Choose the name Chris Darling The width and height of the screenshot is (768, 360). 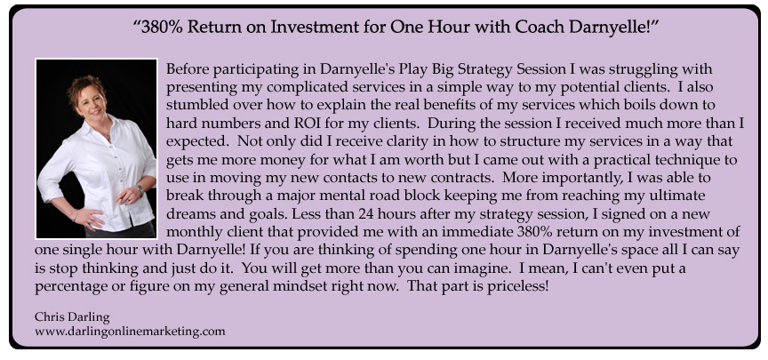click(x=72, y=317)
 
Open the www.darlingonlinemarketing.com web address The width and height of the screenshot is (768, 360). click(x=130, y=332)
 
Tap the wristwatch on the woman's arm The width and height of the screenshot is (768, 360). click(x=140, y=189)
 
